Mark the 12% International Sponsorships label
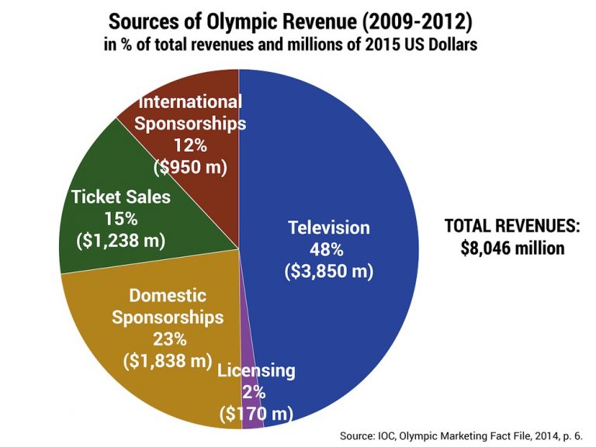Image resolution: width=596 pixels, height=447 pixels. [190, 145]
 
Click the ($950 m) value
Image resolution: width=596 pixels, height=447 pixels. [190, 166]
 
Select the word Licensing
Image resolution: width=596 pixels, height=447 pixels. [256, 371]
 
